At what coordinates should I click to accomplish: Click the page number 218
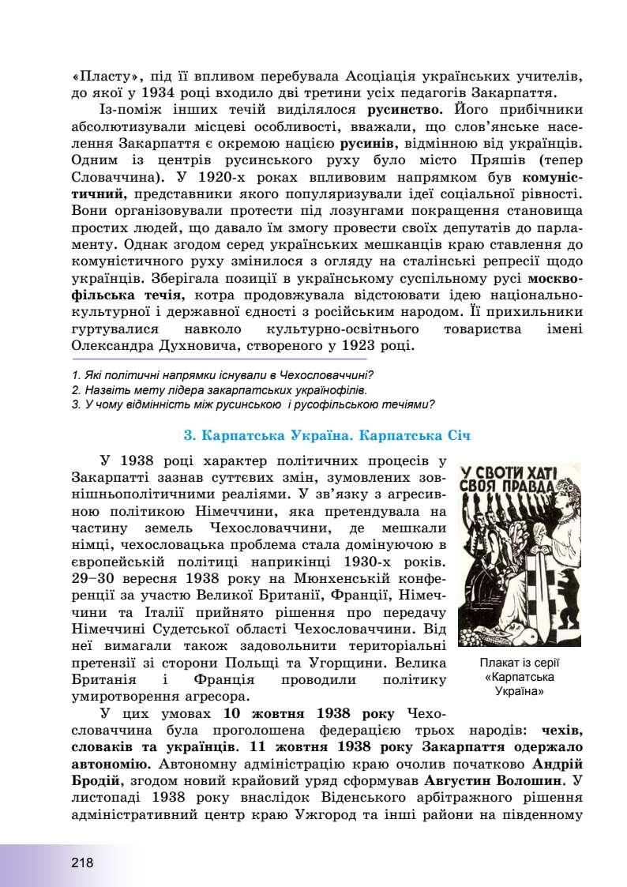(x=81, y=863)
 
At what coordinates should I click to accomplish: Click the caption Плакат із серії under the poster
(x=519, y=663)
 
